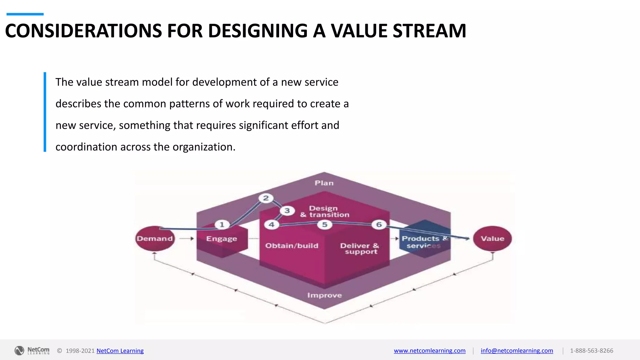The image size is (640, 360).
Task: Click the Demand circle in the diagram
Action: [155, 238]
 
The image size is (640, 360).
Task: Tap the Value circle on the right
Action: [492, 238]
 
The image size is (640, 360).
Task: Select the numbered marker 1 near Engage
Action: [222, 224]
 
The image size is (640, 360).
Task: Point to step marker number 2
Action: [266, 198]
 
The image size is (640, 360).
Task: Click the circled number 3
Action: [287, 211]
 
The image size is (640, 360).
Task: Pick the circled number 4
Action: [271, 224]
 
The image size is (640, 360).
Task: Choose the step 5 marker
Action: [325, 224]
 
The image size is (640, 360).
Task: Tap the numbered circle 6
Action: [379, 224]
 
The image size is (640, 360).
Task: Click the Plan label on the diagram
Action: [324, 183]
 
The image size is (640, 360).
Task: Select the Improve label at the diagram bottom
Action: [324, 295]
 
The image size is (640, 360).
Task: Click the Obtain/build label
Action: [292, 246]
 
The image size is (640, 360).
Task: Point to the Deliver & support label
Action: [360, 249]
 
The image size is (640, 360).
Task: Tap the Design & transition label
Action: [324, 212]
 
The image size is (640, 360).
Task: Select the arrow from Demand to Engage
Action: [187, 238]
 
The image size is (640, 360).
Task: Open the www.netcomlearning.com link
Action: [429, 351]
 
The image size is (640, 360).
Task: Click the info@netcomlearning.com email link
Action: [517, 351]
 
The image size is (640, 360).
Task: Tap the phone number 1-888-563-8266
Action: [591, 351]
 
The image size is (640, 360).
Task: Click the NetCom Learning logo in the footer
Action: [32, 351]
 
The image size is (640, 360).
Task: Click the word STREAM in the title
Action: [429, 31]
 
